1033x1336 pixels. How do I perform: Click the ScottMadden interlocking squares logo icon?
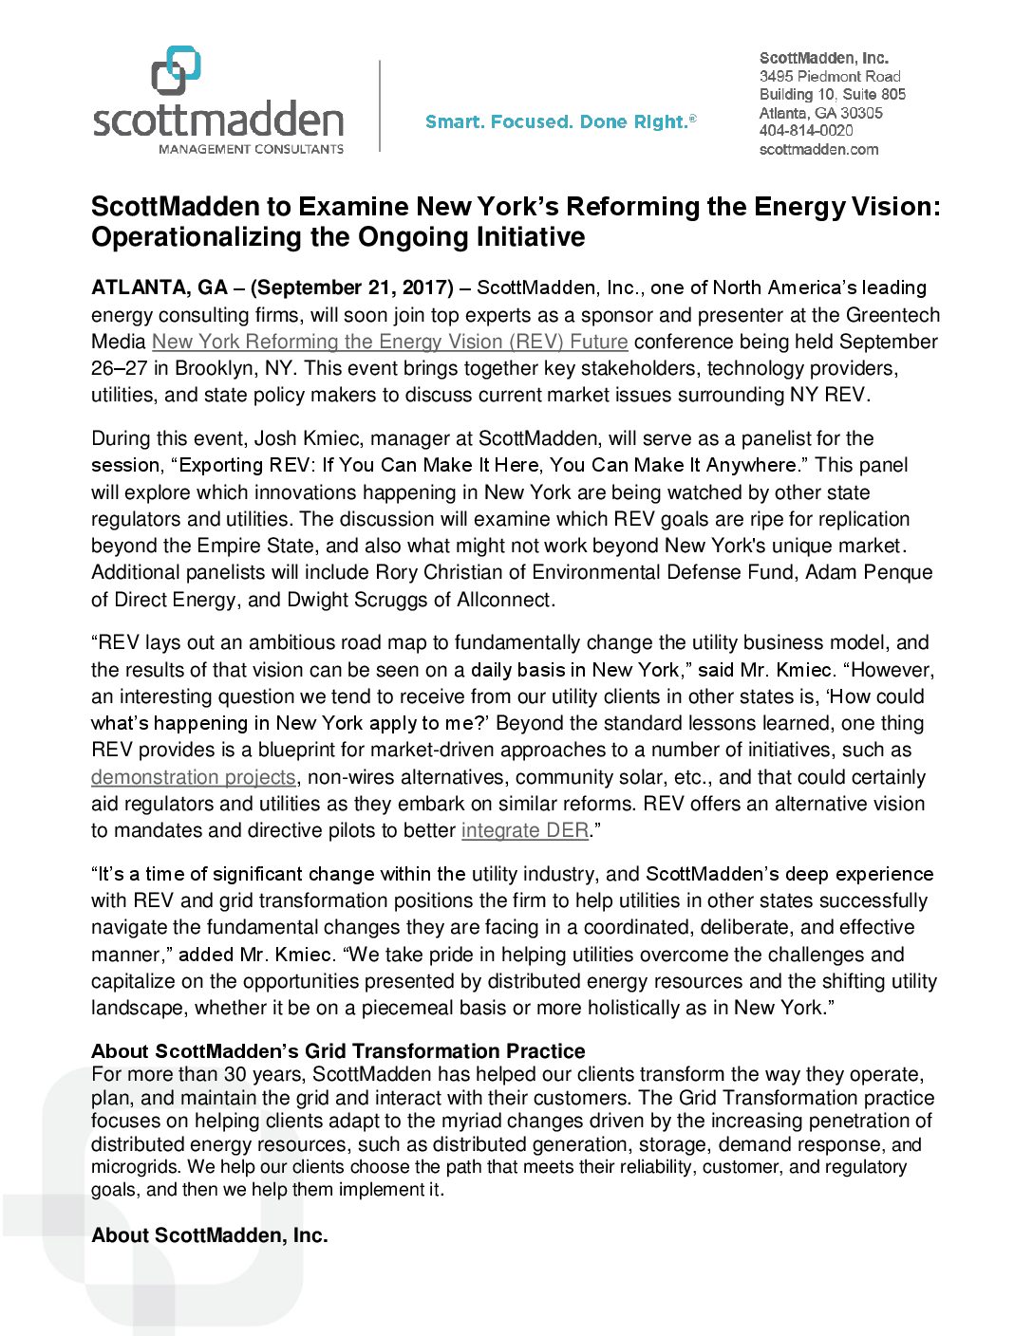(176, 70)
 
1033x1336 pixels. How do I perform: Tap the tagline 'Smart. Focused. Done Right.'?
(560, 122)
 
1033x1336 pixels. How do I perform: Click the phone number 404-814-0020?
(806, 131)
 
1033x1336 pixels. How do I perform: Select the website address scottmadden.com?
(818, 149)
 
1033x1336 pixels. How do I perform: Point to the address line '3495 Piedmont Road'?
(830, 77)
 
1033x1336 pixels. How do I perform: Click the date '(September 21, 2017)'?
(351, 288)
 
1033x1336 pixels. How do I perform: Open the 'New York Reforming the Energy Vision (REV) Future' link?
(389, 342)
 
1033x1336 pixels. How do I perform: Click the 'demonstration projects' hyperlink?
(194, 777)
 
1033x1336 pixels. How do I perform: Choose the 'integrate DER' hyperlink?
(524, 830)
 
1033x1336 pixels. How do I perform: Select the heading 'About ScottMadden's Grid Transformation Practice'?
(338, 1051)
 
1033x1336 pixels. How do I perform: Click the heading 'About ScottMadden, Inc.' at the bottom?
(210, 1235)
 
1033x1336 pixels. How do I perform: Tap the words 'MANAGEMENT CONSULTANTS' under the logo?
(251, 149)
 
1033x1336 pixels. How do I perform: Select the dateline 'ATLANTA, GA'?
(160, 288)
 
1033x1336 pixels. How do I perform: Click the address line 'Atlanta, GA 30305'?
(820, 113)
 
